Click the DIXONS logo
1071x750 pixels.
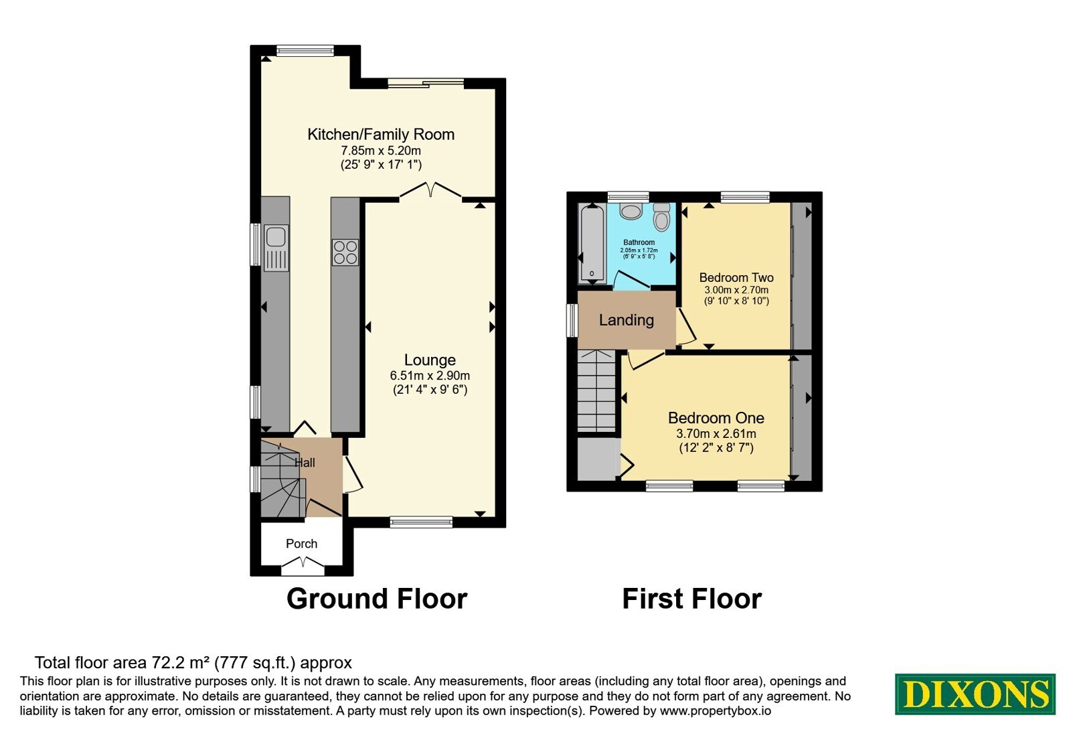[975, 694]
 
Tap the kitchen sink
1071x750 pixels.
[276, 248]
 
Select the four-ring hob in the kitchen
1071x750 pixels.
[345, 252]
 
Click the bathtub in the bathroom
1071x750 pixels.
[592, 244]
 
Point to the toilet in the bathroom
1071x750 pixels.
[662, 217]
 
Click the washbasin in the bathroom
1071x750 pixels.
[631, 211]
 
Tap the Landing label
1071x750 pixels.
[627, 320]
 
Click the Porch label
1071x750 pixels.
[302, 544]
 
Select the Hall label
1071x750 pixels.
[305, 463]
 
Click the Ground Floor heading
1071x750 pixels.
[377, 599]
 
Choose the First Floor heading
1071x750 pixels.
[692, 599]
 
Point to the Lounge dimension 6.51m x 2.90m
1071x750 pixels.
[430, 376]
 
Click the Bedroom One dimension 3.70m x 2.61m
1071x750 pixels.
[716, 434]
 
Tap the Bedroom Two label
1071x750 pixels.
[736, 277]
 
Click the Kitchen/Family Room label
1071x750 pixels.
[381, 135]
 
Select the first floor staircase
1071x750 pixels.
[596, 391]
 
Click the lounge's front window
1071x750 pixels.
[421, 522]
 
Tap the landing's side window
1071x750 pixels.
[572, 320]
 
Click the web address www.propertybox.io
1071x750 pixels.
[716, 710]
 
